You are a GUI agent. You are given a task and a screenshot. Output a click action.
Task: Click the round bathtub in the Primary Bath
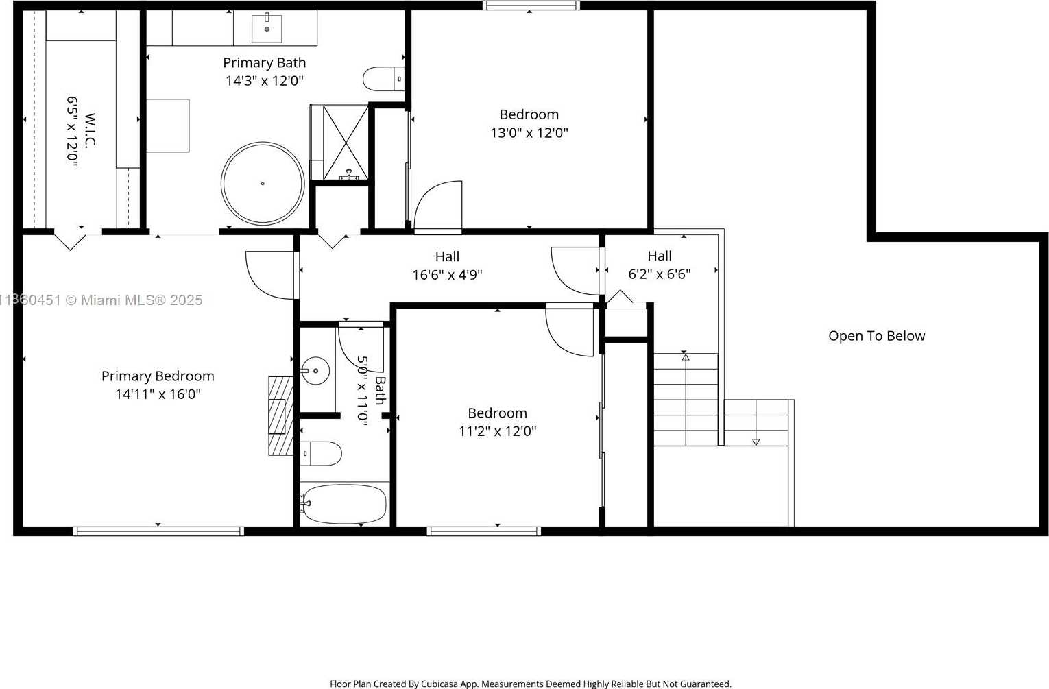pyautogui.click(x=263, y=184)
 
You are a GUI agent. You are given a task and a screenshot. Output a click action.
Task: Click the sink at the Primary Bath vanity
pyautogui.click(x=267, y=28)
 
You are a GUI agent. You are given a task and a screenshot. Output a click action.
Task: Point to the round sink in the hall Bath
pyautogui.click(x=315, y=371)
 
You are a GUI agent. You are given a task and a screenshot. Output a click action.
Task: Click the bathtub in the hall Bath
pyautogui.click(x=343, y=504)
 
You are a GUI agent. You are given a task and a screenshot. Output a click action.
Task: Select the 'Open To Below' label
pyautogui.click(x=876, y=336)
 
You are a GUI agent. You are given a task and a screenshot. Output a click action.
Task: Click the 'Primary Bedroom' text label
pyautogui.click(x=158, y=376)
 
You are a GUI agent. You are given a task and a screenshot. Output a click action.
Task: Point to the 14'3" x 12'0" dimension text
pyautogui.click(x=264, y=81)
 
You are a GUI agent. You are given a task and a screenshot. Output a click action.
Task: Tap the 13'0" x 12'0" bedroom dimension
pyautogui.click(x=529, y=133)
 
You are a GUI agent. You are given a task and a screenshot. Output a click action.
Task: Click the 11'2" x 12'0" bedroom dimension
pyautogui.click(x=497, y=431)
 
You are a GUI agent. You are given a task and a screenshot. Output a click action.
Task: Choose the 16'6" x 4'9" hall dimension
pyautogui.click(x=447, y=275)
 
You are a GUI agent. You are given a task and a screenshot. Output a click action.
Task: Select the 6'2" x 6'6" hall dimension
pyautogui.click(x=659, y=274)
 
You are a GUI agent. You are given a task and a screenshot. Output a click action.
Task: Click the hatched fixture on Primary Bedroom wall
pyautogui.click(x=280, y=415)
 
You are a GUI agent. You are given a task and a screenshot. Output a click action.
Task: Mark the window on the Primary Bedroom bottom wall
pyautogui.click(x=158, y=531)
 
